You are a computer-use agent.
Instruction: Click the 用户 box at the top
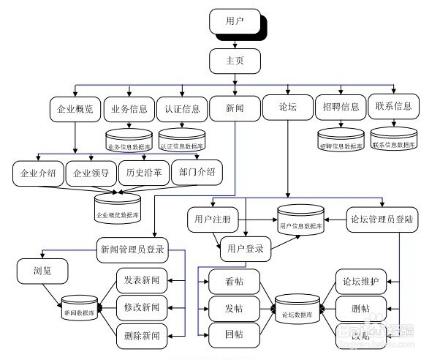(x=235, y=21)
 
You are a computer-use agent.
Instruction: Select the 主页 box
(x=235, y=61)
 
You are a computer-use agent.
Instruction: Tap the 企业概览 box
(x=75, y=109)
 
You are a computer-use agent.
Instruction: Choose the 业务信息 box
(x=129, y=109)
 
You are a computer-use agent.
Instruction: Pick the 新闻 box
(x=235, y=109)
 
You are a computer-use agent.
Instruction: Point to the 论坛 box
(x=288, y=109)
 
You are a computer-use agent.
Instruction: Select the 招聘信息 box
(x=341, y=107)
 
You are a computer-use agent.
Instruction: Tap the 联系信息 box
(x=392, y=106)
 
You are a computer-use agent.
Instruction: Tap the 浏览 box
(x=42, y=273)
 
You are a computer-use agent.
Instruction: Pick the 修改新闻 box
(x=143, y=307)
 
